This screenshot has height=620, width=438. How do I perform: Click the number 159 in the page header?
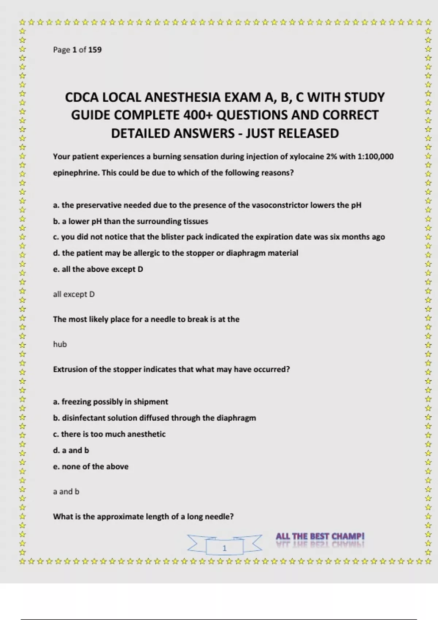point(95,50)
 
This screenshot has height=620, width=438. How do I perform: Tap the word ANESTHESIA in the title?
point(182,97)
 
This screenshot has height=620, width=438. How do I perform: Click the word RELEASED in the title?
point(308,133)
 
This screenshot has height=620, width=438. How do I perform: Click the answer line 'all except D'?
point(74,294)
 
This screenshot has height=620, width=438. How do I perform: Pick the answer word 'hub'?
point(60,344)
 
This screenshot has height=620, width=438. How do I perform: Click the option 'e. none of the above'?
point(91,466)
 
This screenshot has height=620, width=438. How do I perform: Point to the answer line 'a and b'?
point(66,492)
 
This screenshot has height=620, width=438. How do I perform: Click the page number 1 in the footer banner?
point(224,548)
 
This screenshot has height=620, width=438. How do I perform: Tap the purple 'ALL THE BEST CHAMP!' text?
point(320,536)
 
